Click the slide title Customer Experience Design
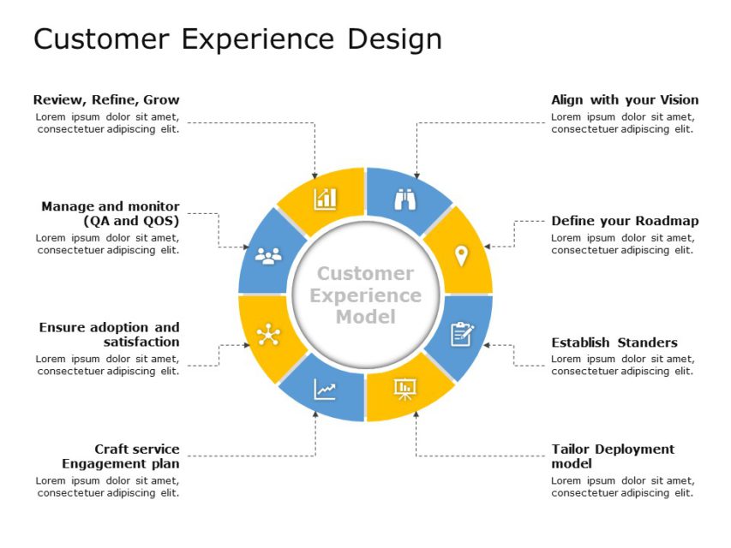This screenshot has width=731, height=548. [237, 39]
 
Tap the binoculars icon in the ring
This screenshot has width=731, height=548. [404, 199]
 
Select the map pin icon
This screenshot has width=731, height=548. [461, 255]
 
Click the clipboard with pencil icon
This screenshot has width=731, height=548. [461, 334]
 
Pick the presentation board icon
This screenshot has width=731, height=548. [404, 390]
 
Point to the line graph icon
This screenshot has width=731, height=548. [325, 390]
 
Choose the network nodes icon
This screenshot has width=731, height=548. [268, 334]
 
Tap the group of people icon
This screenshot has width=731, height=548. [268, 255]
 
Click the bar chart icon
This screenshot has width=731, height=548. [325, 199]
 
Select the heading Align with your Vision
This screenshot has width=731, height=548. [625, 100]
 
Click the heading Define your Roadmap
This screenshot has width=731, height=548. [625, 221]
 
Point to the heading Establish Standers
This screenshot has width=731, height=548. [614, 342]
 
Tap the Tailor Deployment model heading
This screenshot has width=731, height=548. [613, 456]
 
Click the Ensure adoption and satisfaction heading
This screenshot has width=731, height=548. [110, 335]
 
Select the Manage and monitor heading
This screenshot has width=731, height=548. [111, 213]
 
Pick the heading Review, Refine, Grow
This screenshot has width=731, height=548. [106, 100]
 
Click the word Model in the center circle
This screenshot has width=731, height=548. [366, 317]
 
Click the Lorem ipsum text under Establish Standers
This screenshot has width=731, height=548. [622, 366]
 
